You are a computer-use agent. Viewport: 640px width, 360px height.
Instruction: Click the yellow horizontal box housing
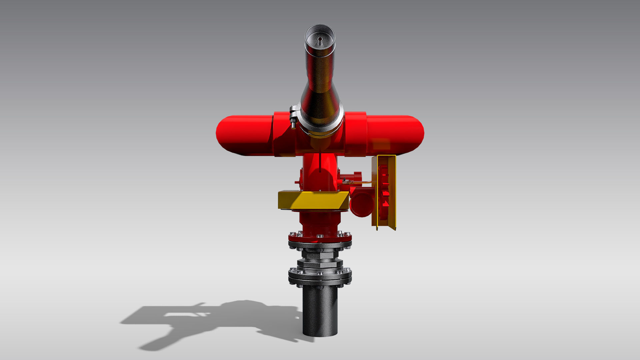pos(313,200)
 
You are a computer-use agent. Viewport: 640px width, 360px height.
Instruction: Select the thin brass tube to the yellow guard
pos(362,182)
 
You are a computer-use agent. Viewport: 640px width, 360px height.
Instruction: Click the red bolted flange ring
pos(320,239)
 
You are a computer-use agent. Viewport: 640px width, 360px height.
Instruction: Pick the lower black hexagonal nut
pos(320,264)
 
